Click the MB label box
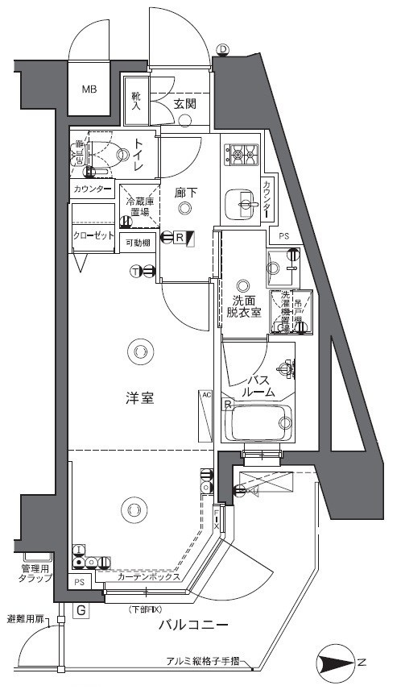point(88,89)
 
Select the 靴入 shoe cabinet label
point(137,100)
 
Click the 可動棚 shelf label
point(138,243)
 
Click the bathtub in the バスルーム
point(257,422)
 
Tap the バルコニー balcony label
point(194,625)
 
